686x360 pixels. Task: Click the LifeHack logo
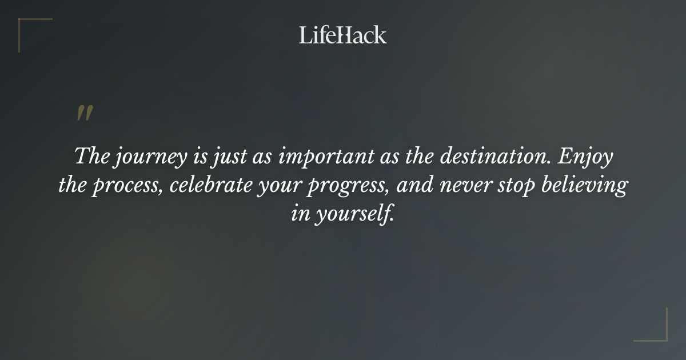coord(342,35)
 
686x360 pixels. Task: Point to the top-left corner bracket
coord(29,29)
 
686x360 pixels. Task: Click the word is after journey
coord(198,157)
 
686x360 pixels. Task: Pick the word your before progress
coord(304,187)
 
